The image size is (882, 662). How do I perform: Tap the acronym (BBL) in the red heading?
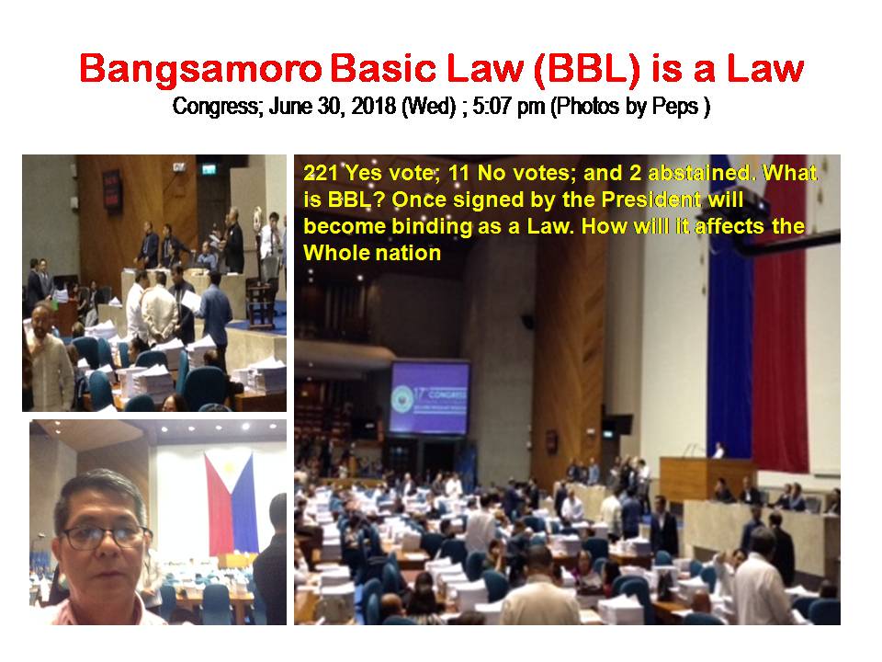point(587,70)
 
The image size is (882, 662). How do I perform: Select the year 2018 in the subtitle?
point(374,107)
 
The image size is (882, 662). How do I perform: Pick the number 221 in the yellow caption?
point(321,173)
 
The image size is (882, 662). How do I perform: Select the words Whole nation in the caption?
point(372,254)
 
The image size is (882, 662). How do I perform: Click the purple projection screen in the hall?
point(430,397)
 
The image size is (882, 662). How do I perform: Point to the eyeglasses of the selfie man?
point(105,536)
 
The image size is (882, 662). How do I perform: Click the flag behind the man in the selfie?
point(232,503)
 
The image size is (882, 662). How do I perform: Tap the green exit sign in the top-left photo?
point(209,168)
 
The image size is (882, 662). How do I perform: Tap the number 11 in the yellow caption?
point(458,173)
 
